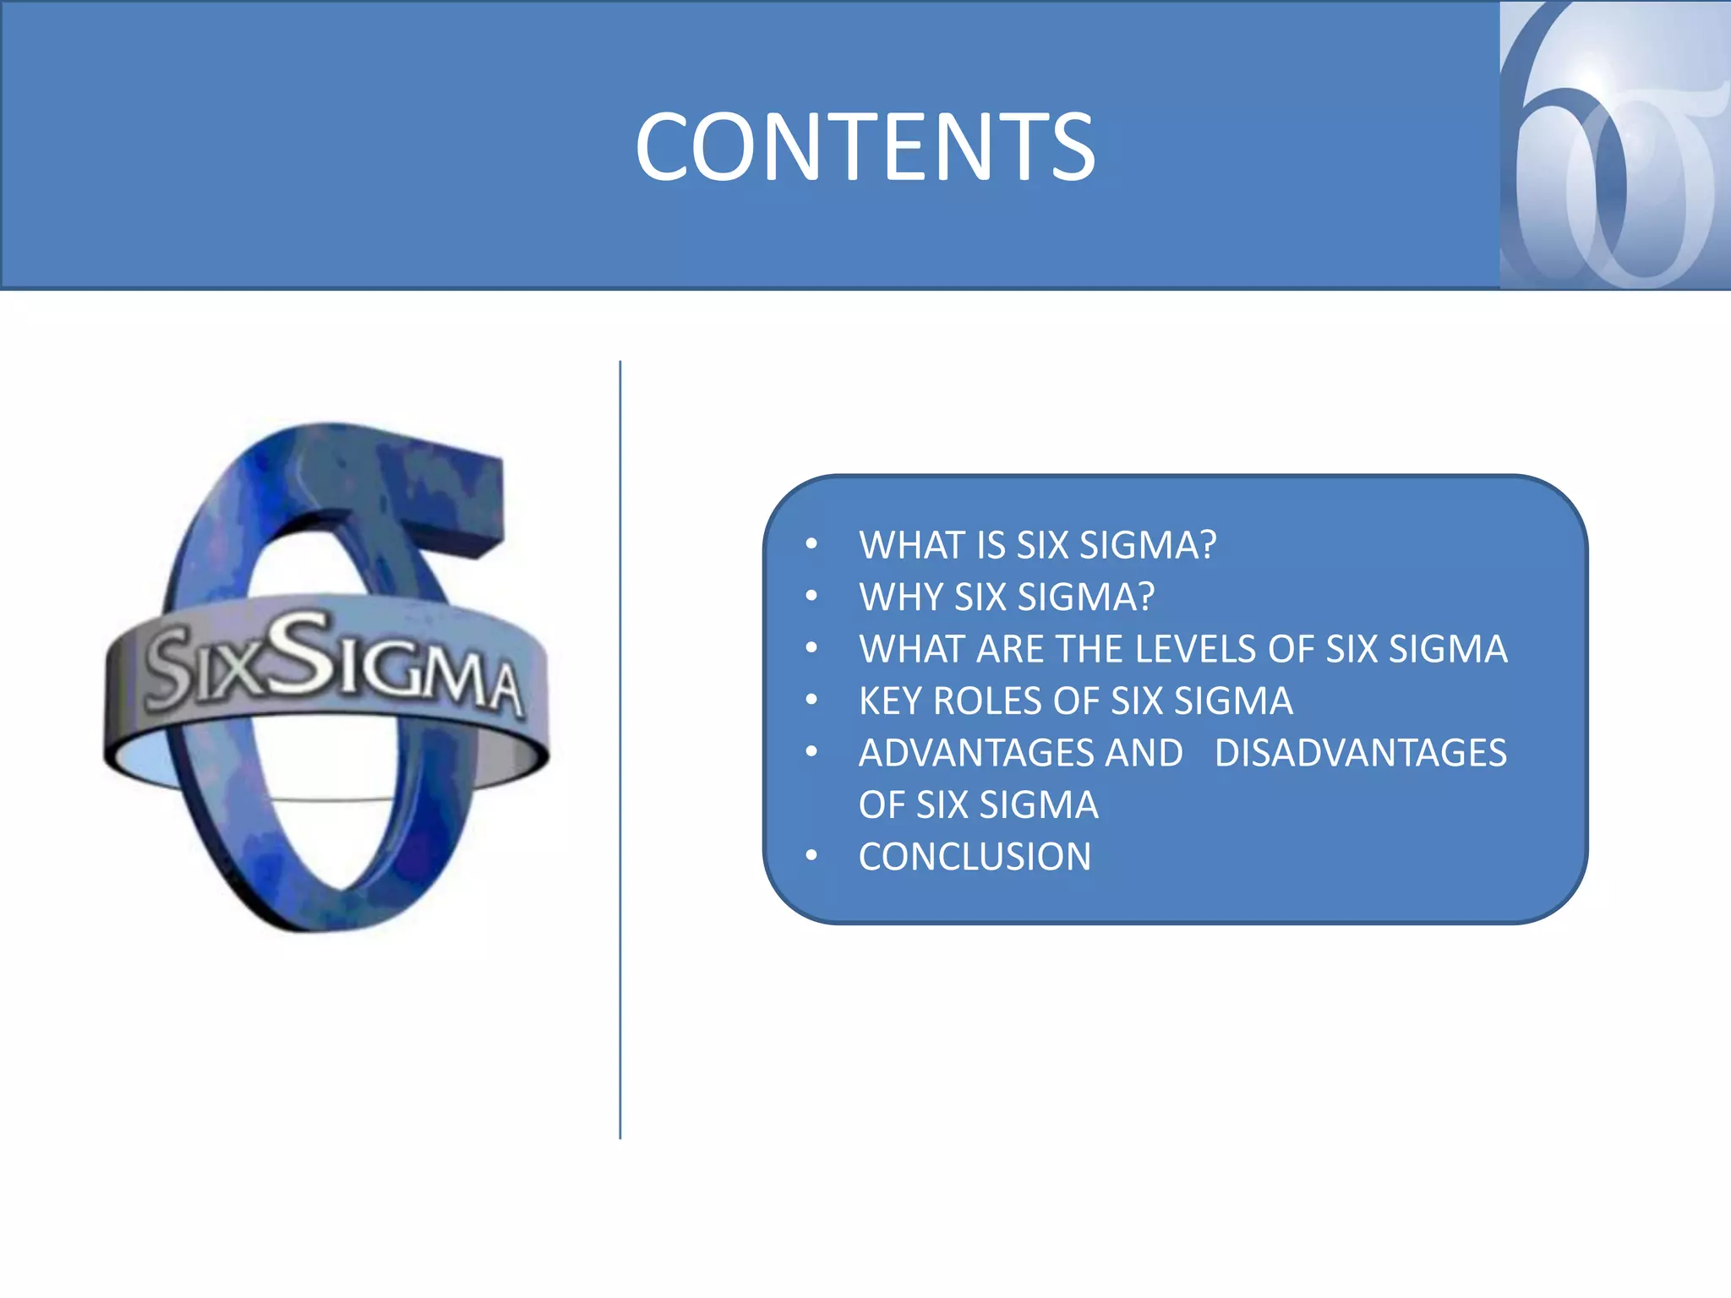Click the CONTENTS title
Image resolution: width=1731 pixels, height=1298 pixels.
click(865, 147)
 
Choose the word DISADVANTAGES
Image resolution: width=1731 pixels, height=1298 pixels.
click(1360, 753)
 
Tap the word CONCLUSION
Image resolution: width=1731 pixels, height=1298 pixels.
click(975, 857)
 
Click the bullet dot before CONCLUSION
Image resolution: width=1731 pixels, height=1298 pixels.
click(811, 857)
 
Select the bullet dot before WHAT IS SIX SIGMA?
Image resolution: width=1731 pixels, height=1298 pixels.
click(811, 545)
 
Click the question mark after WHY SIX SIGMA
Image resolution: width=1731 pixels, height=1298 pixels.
click(1145, 597)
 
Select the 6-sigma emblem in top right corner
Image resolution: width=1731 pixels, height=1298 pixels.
click(1614, 145)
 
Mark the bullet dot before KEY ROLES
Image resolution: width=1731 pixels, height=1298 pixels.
click(811, 701)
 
